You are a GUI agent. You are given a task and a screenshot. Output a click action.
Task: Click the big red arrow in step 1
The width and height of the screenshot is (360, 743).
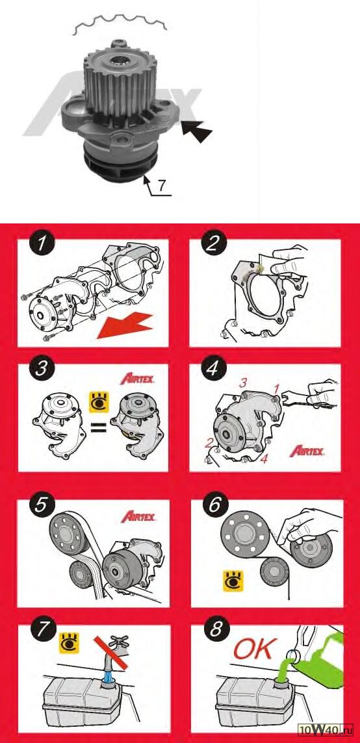124,326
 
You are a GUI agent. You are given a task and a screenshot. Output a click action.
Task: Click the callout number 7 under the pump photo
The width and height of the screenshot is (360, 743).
162,185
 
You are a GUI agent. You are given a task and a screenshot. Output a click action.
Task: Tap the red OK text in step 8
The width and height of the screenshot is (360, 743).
253,650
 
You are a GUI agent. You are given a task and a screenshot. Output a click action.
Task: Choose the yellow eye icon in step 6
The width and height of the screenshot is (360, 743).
233,581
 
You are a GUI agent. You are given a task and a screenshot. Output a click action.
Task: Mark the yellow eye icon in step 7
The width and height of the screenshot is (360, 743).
68,642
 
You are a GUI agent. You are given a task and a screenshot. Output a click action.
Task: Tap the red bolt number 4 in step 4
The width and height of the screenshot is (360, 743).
264,459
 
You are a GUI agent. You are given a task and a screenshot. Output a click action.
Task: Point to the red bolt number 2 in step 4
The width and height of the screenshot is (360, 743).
208,443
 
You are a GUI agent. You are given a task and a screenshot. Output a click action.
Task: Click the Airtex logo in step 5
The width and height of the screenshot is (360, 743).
138,516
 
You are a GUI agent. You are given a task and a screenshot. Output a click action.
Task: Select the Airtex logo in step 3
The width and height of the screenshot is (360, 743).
138,379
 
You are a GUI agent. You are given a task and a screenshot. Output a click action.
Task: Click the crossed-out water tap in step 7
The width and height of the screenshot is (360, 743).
113,656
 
